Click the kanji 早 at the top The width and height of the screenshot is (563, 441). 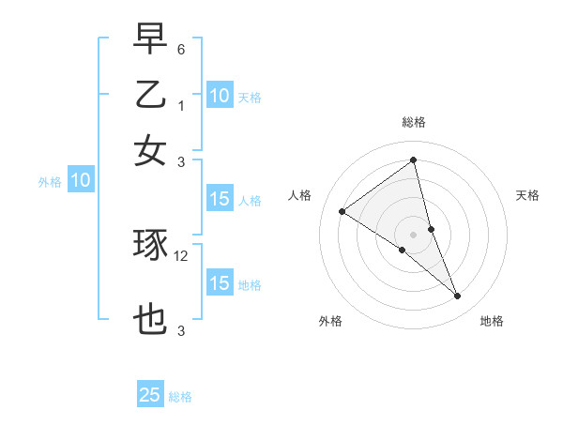point(151,38)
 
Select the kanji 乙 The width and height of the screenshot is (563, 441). point(151,95)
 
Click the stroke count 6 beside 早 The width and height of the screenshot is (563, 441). point(181,48)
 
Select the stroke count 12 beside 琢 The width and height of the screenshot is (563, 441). point(182,254)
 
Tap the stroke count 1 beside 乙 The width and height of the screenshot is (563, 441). point(181,105)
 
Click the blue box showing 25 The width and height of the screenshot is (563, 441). point(150,395)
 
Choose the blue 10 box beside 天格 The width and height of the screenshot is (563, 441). point(220,95)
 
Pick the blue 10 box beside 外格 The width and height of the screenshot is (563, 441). point(81,180)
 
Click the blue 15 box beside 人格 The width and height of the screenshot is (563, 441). point(220,199)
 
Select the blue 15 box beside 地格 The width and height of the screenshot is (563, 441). point(220,283)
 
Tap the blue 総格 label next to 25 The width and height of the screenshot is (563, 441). point(180,397)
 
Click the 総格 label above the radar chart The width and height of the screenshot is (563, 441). point(414,122)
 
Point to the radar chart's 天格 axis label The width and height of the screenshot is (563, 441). point(527,195)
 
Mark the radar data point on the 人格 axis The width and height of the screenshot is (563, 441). point(342,211)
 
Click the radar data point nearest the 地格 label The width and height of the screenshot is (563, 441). point(458,297)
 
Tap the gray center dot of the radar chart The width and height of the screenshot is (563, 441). point(414,234)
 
